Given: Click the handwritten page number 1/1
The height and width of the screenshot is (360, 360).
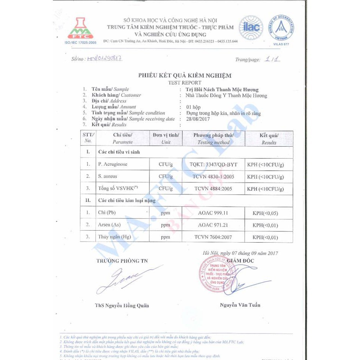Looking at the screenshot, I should point(273,59).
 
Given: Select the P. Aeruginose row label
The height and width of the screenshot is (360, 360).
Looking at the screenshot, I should point(112,164).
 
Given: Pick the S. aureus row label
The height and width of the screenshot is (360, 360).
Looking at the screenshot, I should point(108,176).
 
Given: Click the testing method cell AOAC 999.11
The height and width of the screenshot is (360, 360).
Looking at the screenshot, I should point(213,213).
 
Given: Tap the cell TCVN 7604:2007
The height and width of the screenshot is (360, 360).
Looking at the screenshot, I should point(213,237).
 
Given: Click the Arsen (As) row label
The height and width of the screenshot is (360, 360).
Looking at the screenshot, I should point(110,225).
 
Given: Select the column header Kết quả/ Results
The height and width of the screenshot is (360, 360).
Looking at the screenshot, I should point(269,139).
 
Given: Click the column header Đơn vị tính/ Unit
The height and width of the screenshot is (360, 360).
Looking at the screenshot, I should point(166,138).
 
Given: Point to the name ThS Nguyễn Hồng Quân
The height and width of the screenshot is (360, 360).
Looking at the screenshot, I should point(122,305).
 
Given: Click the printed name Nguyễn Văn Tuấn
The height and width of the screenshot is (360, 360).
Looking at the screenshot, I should point(240,305).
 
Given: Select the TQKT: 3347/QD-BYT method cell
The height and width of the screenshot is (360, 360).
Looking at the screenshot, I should point(213,164).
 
